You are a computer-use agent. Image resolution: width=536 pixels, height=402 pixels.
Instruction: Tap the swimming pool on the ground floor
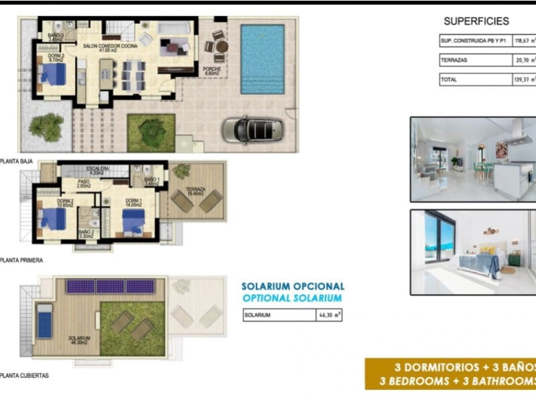(x=263, y=60)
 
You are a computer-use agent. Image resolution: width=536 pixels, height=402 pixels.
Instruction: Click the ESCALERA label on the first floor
(x=97, y=169)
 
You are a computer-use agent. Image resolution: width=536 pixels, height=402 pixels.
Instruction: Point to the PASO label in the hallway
(x=84, y=181)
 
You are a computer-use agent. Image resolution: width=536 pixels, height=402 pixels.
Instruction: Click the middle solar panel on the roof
(x=110, y=287)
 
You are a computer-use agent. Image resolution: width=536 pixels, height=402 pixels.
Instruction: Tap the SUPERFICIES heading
(x=476, y=21)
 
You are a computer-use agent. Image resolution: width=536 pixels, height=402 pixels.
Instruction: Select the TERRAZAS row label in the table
(x=454, y=60)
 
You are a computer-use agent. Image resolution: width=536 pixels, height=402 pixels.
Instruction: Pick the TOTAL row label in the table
(x=449, y=79)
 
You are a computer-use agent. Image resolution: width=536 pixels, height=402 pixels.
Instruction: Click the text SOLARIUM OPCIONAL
(x=293, y=287)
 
